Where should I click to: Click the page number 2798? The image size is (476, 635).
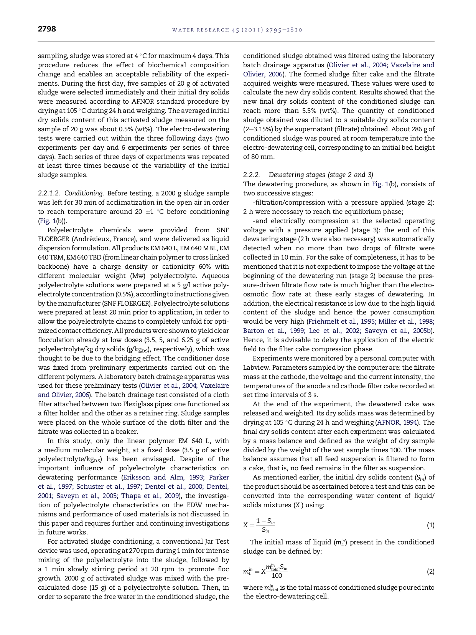pos(47,29)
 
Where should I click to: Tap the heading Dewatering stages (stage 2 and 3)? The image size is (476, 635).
pos(321,175)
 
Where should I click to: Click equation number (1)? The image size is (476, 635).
pos(430,525)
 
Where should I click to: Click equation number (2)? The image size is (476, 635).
pos(430,572)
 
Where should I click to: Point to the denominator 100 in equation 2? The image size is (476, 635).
pos(276,576)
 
